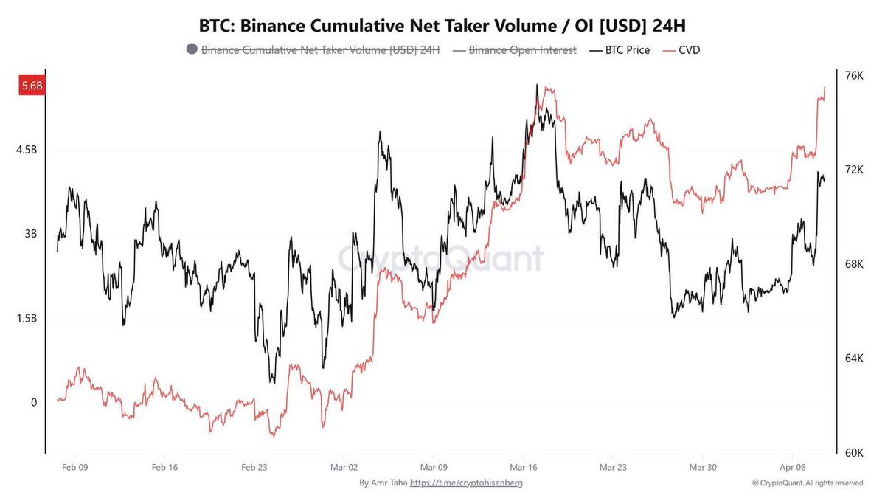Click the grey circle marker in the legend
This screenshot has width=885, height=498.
coord(192,50)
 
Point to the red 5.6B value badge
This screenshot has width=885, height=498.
coord(32,86)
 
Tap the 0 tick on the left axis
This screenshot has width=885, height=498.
coord(32,403)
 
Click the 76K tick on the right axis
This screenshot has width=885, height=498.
coord(853,75)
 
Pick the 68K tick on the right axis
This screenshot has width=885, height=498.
coord(853,264)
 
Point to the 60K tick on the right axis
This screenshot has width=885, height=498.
coord(853,452)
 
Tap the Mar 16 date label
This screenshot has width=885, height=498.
coord(523,467)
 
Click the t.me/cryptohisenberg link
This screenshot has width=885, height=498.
coord(466,483)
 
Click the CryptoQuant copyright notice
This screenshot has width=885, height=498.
coord(808,483)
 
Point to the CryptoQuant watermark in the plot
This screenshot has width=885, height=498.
coord(441,258)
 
